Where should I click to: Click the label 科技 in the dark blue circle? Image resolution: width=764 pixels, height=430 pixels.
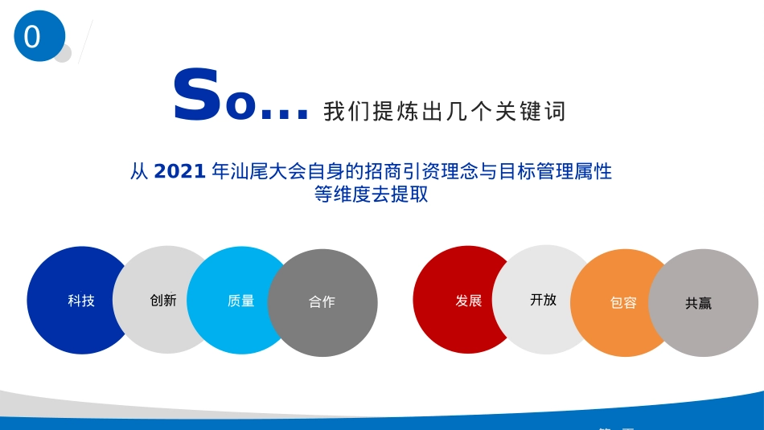pos(81,301)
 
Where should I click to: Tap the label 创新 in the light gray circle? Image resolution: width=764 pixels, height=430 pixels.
pos(163,300)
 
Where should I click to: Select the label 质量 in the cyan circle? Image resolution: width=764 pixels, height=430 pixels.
pos(241,301)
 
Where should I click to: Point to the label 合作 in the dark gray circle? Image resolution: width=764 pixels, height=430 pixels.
pos(322,302)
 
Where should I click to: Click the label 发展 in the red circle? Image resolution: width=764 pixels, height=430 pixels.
pos(469,301)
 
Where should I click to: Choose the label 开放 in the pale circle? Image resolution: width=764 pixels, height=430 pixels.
pos(543,300)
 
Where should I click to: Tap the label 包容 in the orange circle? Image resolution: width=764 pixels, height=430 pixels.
pos(623,303)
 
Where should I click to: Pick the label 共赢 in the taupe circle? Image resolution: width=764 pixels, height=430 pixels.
pos(698,304)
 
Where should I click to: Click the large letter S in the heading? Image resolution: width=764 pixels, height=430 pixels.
pos(196,97)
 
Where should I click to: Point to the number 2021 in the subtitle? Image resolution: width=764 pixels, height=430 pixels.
pos(179,171)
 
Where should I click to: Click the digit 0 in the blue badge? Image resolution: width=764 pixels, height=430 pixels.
pos(32,37)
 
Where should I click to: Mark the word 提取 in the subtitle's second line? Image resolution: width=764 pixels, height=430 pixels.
pos(409,195)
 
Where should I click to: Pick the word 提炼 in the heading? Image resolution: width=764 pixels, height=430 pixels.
pos(384,112)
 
